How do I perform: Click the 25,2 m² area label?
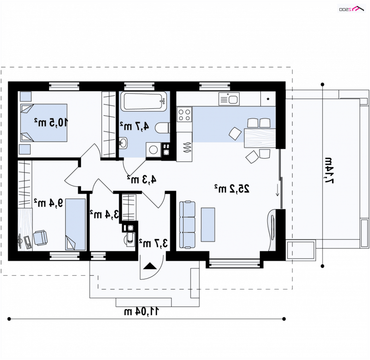[232, 189]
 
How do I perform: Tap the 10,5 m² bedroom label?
[51, 123]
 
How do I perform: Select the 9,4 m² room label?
[49, 203]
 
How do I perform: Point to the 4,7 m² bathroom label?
[135, 126]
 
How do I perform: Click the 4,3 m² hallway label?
[142, 180]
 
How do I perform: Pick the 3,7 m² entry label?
[154, 243]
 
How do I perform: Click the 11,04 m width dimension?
[142, 311]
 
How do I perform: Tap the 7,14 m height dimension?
[328, 170]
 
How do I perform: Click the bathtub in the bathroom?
[144, 101]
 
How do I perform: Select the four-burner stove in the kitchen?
[184, 114]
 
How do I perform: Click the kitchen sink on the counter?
[229, 99]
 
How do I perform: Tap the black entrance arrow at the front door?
[150, 266]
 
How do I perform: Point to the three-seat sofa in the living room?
[187, 225]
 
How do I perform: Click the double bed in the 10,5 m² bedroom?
[44, 123]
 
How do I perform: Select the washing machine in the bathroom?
[154, 149]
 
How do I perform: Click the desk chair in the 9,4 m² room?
[40, 238]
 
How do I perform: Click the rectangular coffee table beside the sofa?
[208, 225]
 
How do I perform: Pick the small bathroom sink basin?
[123, 143]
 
